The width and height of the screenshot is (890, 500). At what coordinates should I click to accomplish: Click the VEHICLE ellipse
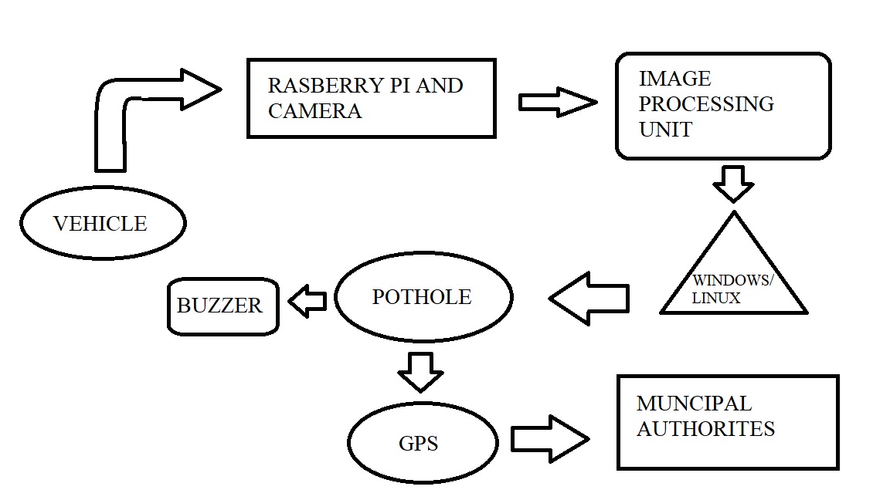103,223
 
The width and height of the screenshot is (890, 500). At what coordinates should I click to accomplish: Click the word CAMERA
314,110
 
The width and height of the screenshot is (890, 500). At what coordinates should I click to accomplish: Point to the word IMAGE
674,79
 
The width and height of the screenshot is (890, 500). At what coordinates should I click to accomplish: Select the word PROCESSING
706,103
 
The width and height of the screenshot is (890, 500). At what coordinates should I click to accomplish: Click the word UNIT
666,128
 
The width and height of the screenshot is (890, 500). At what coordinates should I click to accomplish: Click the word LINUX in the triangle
716,298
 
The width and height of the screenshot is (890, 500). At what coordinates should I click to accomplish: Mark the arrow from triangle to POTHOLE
589,298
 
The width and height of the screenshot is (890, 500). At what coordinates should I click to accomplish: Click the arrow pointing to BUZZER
307,302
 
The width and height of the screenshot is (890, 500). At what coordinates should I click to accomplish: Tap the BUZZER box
222,306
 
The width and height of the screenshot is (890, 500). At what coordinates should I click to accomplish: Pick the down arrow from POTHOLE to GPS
421,372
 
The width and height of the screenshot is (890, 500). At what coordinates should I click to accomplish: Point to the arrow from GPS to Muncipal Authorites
550,439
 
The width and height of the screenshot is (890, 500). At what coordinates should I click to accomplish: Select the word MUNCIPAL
693,404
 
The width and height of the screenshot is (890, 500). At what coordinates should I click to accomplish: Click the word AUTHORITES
705,428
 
